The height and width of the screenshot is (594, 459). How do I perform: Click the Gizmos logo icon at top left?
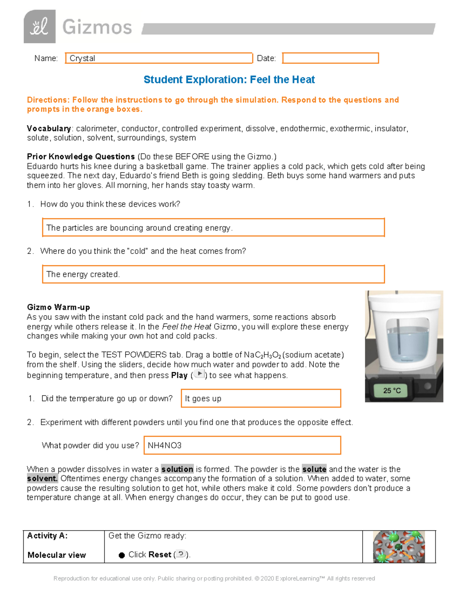pos(39,27)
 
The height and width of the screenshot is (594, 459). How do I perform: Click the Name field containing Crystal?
pos(159,58)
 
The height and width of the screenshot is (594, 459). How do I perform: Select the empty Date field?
pos(330,58)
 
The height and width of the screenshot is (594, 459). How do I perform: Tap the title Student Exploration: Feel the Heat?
pos(229,80)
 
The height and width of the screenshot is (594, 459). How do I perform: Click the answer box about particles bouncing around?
pos(213,228)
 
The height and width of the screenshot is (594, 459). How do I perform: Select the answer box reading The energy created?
pos(213,274)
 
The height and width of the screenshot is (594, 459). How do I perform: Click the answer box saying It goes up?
pos(261,399)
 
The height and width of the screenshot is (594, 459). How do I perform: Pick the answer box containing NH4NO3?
pos(242,445)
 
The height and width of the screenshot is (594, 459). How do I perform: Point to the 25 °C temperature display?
pos(392,391)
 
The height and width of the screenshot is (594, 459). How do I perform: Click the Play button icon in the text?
pos(199,374)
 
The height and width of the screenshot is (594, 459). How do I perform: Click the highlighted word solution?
pos(177,469)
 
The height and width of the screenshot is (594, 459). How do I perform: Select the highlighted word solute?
pos(314,469)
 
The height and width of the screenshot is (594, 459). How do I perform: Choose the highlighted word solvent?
pos(42,478)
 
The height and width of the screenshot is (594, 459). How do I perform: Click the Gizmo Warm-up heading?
pos(59,307)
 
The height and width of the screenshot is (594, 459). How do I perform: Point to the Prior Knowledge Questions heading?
pos(81,156)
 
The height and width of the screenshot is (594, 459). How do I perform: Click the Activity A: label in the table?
pos(47,535)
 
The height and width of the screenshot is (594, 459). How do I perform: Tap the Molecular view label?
pos(57,555)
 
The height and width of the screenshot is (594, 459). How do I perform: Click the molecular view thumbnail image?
pos(399,547)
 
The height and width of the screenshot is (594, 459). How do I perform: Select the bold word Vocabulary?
pos(49,129)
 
